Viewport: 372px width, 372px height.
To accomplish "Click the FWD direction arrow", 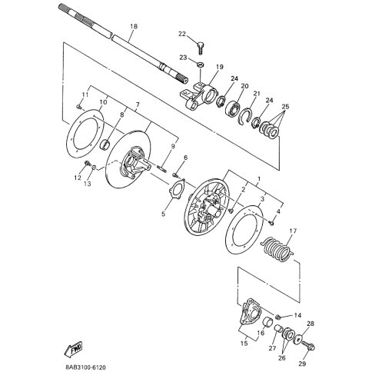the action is tap(73, 350).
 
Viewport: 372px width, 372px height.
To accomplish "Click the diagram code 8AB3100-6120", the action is tap(84, 367).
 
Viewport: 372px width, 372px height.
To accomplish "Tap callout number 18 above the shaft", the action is tap(134, 26).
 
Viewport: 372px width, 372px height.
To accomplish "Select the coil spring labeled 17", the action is tap(277, 250).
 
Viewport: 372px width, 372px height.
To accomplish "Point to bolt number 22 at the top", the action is tap(201, 48).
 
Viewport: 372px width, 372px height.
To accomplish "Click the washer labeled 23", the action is tap(201, 64).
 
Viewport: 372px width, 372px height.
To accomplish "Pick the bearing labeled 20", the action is tap(233, 109).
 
